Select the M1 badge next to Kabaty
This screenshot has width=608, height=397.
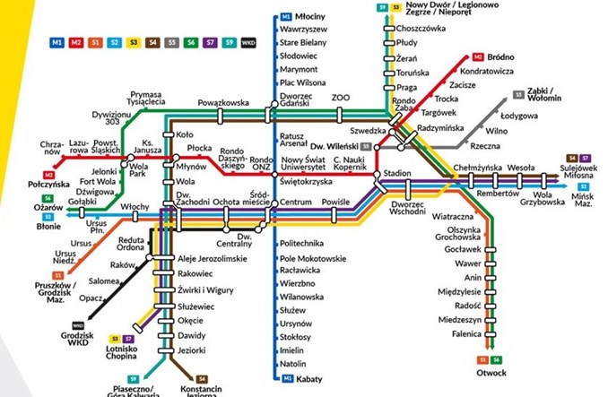pos(287,379)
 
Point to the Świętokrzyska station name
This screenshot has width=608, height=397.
pos(306,180)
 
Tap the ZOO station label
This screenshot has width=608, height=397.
pos(341,96)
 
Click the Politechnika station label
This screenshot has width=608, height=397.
pos(301,244)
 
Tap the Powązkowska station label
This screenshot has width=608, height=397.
pos(222,102)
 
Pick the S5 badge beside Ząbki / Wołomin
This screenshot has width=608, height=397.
pos(518,93)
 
